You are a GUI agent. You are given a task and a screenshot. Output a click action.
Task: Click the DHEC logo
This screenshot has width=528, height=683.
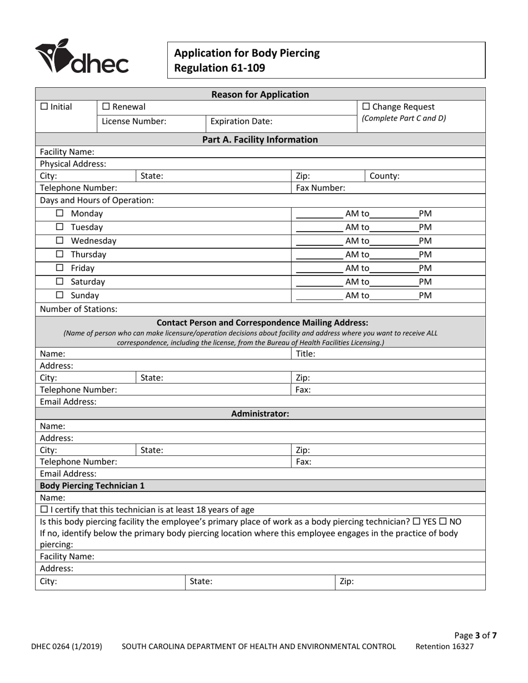pos(82,57)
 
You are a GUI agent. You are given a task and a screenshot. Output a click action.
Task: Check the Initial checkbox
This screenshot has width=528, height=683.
pos(44,107)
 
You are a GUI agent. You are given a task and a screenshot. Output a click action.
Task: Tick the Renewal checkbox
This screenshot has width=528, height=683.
pos(106,107)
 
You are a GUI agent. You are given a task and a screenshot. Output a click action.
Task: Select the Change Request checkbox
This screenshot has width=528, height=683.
pos(366,107)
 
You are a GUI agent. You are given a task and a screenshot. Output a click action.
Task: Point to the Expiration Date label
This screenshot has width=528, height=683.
pos(241,121)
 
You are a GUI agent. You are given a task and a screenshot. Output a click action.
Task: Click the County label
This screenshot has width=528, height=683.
pos(384,176)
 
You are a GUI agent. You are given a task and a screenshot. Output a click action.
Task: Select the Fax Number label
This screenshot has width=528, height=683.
pos(320,188)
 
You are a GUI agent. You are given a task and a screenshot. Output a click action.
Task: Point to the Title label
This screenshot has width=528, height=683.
pos(305,353)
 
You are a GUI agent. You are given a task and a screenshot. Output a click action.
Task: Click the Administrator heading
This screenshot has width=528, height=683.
pos(260,414)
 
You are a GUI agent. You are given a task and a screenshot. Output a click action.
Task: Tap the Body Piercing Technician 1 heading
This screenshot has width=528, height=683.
pos(92,486)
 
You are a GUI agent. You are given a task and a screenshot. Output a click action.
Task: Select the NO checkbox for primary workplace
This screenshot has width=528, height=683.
pos(444,522)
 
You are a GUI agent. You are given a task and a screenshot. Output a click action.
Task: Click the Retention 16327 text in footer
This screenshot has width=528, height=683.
pos(445,646)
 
